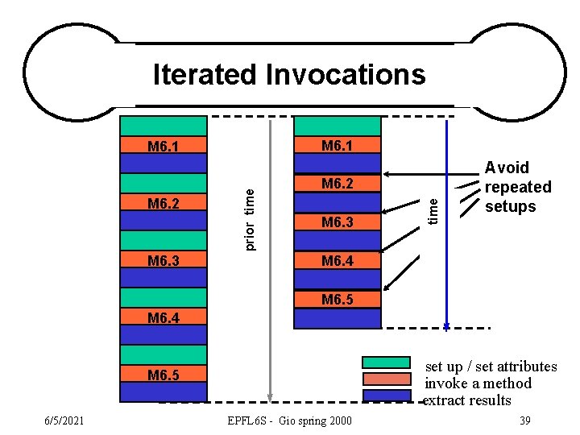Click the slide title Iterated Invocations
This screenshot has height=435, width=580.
289,74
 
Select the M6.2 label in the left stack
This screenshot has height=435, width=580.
164,203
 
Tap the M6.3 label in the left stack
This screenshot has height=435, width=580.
164,260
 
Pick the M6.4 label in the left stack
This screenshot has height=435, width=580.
164,318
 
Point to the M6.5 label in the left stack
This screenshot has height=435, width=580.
164,375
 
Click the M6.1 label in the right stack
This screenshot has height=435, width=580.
338,145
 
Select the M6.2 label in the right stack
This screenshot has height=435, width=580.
338,184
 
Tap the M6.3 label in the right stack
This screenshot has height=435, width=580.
338,222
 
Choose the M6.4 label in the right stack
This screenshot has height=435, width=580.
338,260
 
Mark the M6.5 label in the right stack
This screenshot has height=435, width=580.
338,300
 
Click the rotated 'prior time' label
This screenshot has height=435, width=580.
250,218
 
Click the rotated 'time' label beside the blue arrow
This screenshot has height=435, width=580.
433,210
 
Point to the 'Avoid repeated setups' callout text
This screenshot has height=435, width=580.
517,187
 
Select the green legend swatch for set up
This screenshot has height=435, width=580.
387,362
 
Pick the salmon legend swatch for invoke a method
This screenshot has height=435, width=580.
387,379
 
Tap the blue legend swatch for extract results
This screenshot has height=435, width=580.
387,396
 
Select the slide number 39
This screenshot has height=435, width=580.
524,420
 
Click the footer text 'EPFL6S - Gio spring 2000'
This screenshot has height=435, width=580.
289,420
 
